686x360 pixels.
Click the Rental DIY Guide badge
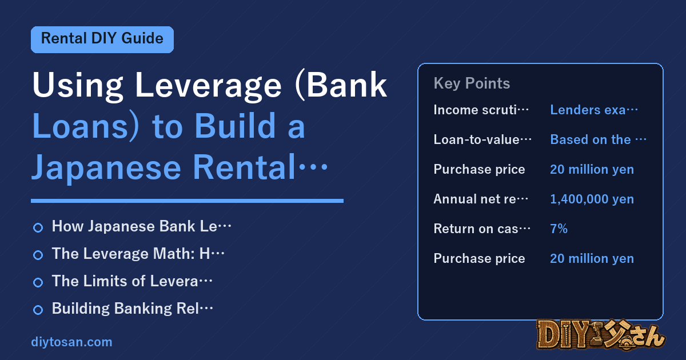(102, 39)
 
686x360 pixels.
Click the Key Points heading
(472, 83)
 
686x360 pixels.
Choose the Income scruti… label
(481, 110)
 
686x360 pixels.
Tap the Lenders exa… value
(594, 110)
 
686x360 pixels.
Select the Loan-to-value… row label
(482, 139)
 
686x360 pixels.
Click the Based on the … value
(599, 139)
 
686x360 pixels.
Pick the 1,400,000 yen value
(592, 199)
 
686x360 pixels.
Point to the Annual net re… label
(481, 199)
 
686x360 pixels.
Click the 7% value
(559, 229)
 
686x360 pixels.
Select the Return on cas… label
(482, 229)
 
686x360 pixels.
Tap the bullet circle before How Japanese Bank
(38, 228)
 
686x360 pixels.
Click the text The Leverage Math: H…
(138, 254)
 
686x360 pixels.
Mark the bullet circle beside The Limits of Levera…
(38, 282)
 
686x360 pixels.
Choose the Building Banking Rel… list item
(132, 309)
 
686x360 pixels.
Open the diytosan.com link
(71, 342)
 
